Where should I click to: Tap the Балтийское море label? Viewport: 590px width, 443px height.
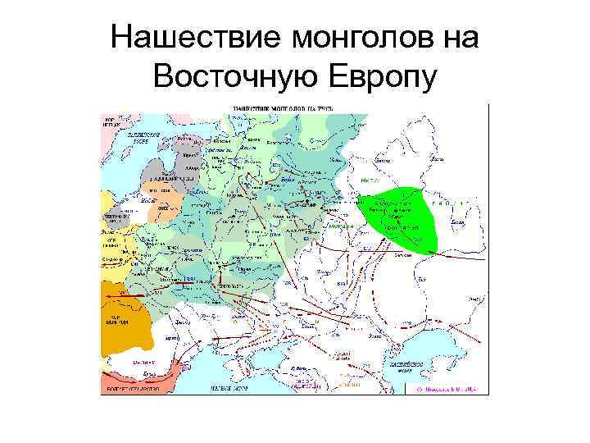[129, 137]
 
